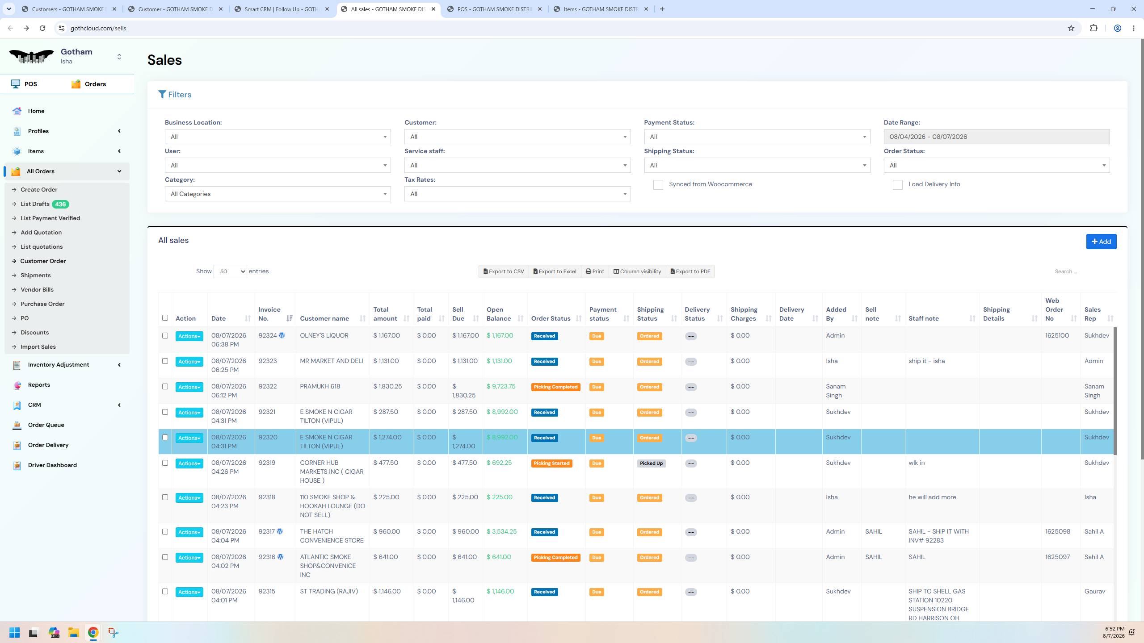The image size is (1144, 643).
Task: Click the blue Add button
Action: point(1101,242)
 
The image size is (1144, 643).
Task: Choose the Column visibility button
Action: point(637,271)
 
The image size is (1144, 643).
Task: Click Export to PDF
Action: point(690,271)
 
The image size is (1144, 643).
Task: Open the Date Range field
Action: point(997,137)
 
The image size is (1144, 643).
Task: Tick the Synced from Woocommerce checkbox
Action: point(658,185)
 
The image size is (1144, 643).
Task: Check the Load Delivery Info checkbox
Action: point(897,185)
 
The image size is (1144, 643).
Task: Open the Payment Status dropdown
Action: point(757,137)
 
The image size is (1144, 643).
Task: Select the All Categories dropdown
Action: point(278,194)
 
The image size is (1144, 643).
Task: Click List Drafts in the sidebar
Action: point(35,204)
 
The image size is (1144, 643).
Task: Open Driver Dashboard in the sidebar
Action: point(52,465)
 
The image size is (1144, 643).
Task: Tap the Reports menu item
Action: point(39,384)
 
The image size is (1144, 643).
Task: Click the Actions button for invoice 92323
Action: point(189,362)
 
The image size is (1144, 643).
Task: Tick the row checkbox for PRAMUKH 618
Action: point(165,387)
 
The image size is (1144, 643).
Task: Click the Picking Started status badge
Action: point(551,463)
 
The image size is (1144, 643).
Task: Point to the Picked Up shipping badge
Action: point(651,463)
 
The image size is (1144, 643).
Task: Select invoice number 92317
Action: point(267,531)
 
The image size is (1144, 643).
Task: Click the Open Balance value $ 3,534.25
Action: point(501,531)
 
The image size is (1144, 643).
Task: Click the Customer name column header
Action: point(324,318)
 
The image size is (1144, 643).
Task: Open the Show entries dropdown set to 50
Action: point(230,271)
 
